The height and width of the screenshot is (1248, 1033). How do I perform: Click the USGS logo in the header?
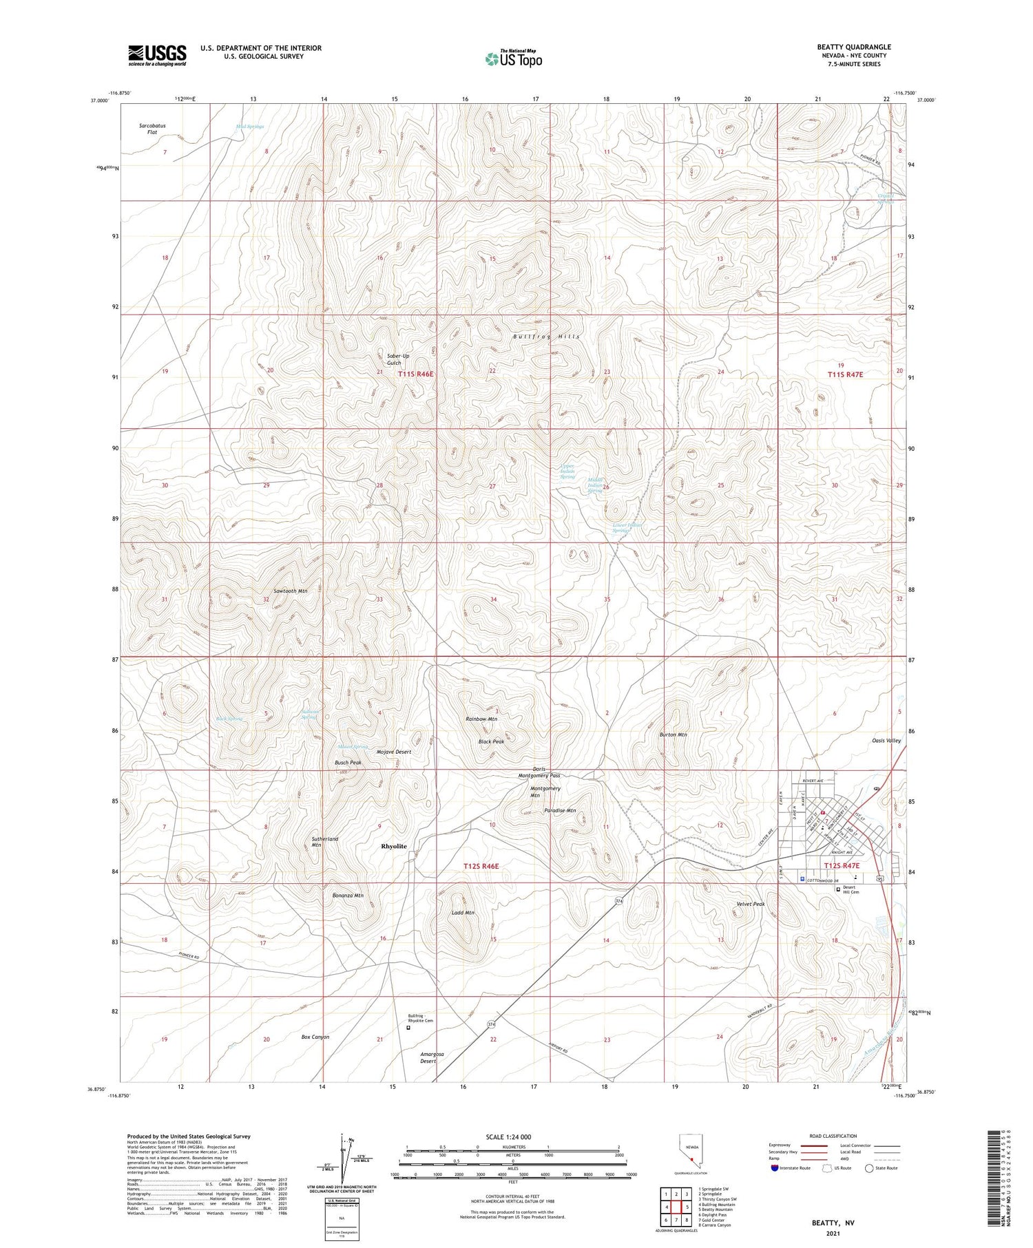[157, 55]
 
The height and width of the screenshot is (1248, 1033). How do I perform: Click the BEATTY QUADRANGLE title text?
[853, 47]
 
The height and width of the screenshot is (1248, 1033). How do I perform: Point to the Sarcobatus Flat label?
[152, 129]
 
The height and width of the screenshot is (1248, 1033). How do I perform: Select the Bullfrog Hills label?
[546, 337]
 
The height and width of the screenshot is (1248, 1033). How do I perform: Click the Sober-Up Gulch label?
[398, 359]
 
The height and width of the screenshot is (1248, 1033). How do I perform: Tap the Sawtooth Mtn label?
[290, 591]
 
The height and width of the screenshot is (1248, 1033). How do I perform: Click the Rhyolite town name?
[394, 846]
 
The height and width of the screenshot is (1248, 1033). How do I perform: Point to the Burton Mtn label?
[673, 735]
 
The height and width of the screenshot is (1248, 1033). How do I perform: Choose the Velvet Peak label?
[750, 905]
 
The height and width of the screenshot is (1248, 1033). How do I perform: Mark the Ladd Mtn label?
[463, 913]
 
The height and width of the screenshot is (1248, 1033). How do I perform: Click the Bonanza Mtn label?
[348, 896]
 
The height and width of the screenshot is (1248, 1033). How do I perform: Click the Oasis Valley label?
[886, 741]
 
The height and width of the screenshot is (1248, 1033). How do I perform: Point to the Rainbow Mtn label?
[481, 719]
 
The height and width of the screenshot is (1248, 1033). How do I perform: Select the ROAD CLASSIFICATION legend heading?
[833, 1136]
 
